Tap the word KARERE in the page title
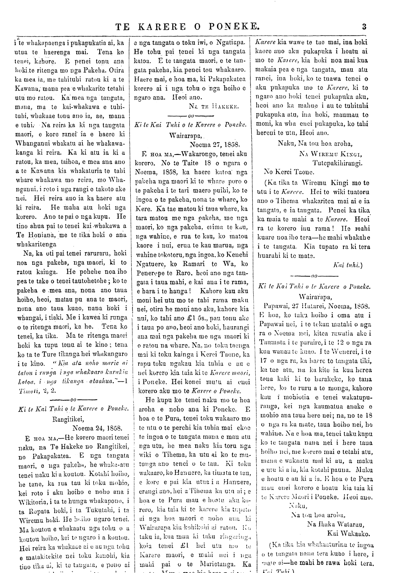[x=162, y=27]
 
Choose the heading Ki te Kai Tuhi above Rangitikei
[x=73, y=409]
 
